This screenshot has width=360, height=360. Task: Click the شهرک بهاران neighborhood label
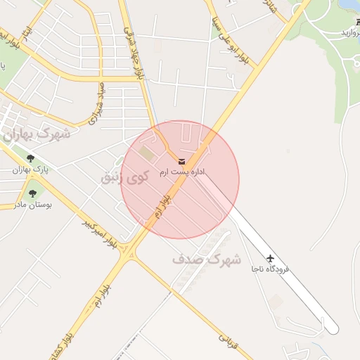tap(39, 134)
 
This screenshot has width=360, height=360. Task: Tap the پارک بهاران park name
tap(29, 169)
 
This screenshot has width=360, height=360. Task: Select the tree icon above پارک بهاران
tap(30, 157)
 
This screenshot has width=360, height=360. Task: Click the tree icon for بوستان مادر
tap(32, 191)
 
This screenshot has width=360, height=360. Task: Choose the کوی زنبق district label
tap(125, 176)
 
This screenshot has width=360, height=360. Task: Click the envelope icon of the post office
tap(182, 162)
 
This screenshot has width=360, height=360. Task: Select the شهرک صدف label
tap(207, 258)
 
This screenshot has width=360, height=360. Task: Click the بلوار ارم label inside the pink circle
tap(162, 205)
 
